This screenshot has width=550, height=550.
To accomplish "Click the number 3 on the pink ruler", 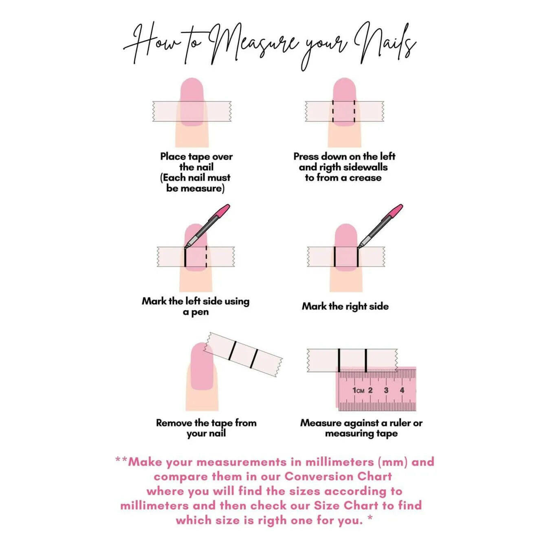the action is (x=386, y=390).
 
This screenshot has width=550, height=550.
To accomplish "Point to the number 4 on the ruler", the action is (x=402, y=390).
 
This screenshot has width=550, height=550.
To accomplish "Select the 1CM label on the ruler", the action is (x=359, y=390).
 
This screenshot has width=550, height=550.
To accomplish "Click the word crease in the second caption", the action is (x=365, y=178).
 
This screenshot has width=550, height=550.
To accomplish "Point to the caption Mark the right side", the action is (x=345, y=306).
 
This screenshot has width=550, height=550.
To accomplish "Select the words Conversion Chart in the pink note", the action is (x=338, y=476).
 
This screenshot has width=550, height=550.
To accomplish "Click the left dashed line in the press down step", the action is (x=333, y=111).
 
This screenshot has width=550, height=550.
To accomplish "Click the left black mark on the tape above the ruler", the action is (x=339, y=360).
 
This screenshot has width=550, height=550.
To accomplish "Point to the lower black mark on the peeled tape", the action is (x=254, y=359).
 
